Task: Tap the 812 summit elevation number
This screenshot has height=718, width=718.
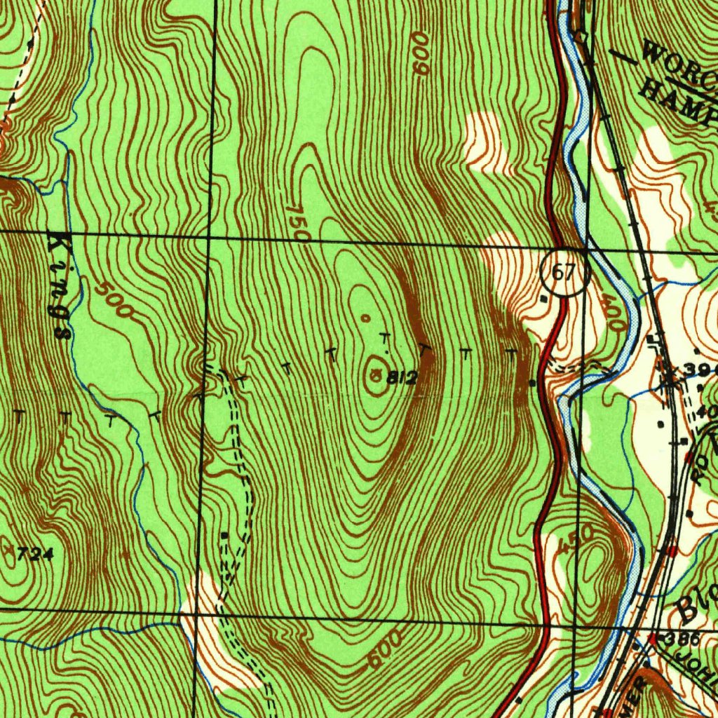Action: coord(402,379)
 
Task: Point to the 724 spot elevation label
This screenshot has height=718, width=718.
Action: coord(35,555)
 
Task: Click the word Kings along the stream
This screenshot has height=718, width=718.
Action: coord(58,287)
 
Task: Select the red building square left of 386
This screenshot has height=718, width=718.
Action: coord(652,639)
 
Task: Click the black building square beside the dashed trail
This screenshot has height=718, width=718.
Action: coord(224,535)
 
